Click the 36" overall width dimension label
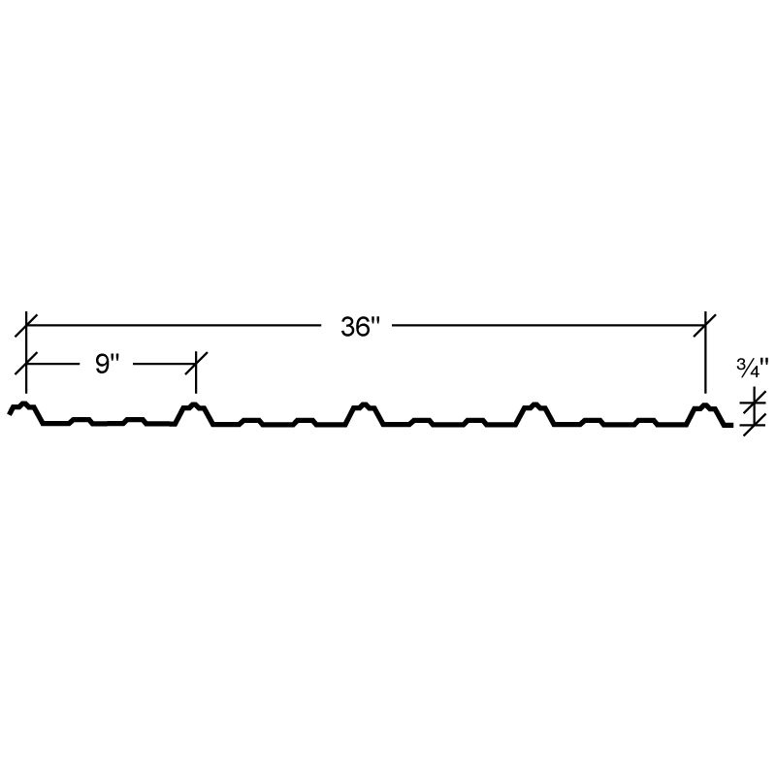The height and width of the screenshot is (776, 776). coord(360,327)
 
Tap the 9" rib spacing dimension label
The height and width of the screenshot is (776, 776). coord(107,365)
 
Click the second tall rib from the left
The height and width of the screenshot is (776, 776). coord(195,414)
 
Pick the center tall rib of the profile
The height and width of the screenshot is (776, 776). coord(365,414)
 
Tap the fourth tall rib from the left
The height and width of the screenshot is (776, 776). coord(534,414)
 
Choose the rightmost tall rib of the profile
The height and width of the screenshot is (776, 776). coord(705,414)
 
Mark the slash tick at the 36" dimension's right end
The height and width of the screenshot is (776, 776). coord(705,325)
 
